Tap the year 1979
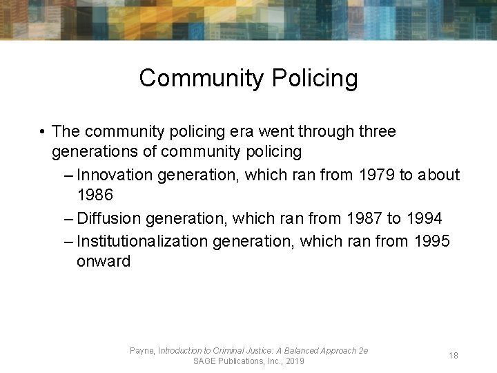pyautogui.click(x=376, y=175)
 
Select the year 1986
pyautogui.click(x=95, y=195)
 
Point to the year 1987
pyautogui.click(x=363, y=218)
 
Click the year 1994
pyautogui.click(x=424, y=218)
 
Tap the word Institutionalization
pyautogui.click(x=142, y=240)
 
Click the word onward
pyautogui.click(x=104, y=261)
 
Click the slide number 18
pyautogui.click(x=454, y=355)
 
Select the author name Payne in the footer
pyautogui.click(x=142, y=351)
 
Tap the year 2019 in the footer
pyautogui.click(x=294, y=361)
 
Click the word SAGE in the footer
pyautogui.click(x=205, y=361)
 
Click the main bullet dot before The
pyautogui.click(x=43, y=131)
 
